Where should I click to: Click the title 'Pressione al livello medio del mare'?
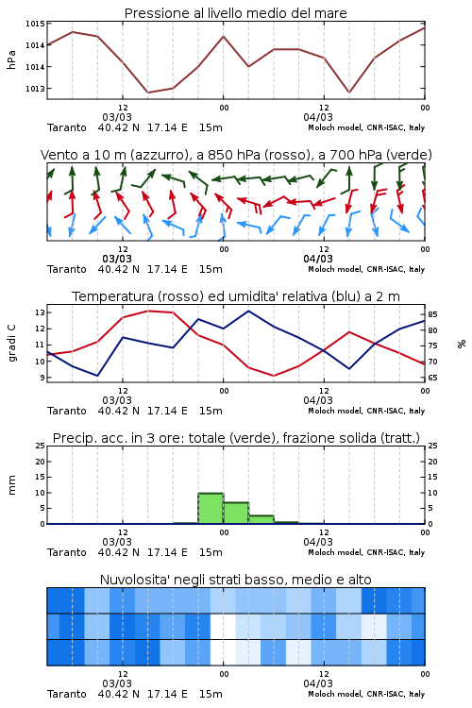point(235,13)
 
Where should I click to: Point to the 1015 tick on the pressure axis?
point(35,24)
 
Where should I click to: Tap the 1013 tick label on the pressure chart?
point(35,89)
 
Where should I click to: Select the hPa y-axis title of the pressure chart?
point(11,59)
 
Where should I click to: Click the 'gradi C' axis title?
point(11,344)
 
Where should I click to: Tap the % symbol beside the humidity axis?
point(462,344)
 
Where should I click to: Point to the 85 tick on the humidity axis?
point(432,314)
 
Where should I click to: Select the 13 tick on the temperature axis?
point(40,312)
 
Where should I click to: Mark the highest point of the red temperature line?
point(148,311)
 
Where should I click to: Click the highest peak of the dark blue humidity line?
point(248,311)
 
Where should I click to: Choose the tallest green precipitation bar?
point(211,509)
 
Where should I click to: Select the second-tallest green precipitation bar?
point(236,513)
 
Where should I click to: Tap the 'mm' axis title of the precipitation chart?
point(11,485)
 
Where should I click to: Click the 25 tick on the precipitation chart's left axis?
point(40,446)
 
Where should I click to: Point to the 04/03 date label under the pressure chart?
point(318,117)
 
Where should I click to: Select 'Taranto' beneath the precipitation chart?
point(67,552)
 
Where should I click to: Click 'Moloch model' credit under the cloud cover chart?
point(335,694)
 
